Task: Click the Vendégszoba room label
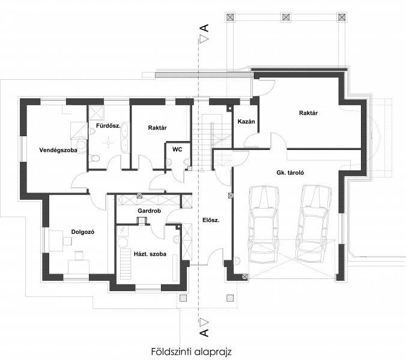click(58, 150)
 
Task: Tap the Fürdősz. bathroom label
click(108, 126)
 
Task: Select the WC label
click(177, 149)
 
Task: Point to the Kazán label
click(246, 121)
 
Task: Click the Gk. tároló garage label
click(290, 173)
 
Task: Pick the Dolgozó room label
click(83, 232)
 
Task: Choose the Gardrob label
click(149, 211)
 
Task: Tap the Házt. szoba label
click(150, 254)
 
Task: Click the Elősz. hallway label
click(211, 220)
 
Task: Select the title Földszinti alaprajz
click(192, 352)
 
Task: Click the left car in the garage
click(264, 224)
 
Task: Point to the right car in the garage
click(314, 223)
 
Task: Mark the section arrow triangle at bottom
click(204, 322)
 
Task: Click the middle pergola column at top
click(286, 17)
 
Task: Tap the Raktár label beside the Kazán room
click(308, 113)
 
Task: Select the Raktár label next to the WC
click(157, 128)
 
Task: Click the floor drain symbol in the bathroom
click(108, 143)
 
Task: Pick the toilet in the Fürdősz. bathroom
click(94, 158)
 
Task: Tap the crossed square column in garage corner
click(244, 277)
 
